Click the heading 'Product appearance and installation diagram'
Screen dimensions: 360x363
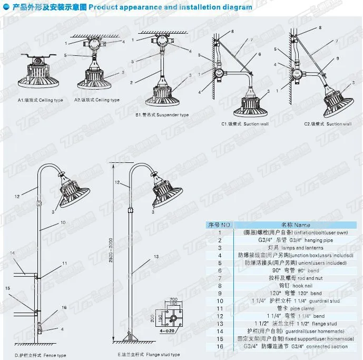[x=170, y=8]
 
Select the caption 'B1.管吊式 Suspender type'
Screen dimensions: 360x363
[x=162, y=114]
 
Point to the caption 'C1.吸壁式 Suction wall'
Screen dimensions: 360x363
[x=245, y=124]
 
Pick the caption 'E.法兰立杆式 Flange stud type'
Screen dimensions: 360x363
[x=149, y=355]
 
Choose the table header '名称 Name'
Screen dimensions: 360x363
[x=295, y=225]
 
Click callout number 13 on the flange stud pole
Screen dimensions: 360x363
[x=156, y=256]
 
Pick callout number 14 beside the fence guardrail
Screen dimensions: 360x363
[x=12, y=253]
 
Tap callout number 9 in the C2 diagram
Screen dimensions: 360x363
[x=338, y=58]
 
